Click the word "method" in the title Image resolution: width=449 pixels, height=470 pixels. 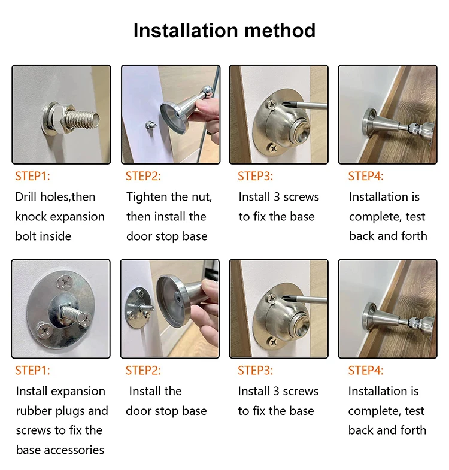coord(280,31)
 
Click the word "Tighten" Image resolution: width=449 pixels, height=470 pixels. coord(147,197)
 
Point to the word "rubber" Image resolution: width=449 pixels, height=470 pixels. coord(32,411)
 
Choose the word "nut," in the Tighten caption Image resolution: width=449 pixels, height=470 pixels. coord(201,198)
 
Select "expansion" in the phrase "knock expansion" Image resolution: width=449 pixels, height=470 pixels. coord(77,217)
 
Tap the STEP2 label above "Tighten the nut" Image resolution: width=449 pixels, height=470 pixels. coord(143,176)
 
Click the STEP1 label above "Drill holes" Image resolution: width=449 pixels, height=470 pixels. coord(32,176)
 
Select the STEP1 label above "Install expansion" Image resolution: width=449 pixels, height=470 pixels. coord(32,371)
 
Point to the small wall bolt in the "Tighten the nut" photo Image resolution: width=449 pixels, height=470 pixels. coord(150,125)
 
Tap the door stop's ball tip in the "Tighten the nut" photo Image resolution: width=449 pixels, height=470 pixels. coord(207,90)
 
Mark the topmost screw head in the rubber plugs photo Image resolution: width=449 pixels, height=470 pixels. coord(65,282)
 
